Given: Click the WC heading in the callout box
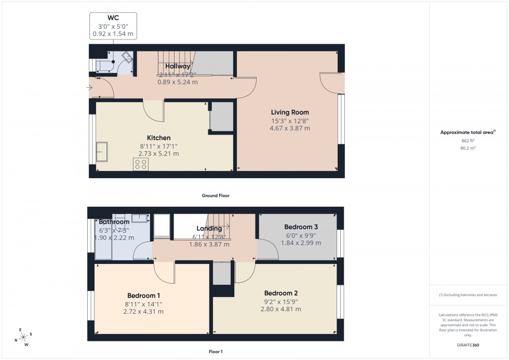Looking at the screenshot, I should pyautogui.click(x=113, y=18).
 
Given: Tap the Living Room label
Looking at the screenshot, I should pyautogui.click(x=290, y=112).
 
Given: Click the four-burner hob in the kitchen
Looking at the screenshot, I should pyautogui.click(x=140, y=165).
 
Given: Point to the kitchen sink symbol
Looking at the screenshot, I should pyautogui.click(x=102, y=151).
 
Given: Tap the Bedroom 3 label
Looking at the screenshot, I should pyautogui.click(x=301, y=227).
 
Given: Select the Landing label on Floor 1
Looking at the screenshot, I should pyautogui.click(x=209, y=229).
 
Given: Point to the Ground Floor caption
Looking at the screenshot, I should pyautogui.click(x=216, y=196).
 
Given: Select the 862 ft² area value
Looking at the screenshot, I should pyautogui.click(x=468, y=140).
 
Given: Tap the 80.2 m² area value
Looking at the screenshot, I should pyautogui.click(x=468, y=148).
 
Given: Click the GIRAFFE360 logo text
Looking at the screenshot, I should pyautogui.click(x=468, y=344).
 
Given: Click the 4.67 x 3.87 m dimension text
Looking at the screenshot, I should pyautogui.click(x=290, y=128).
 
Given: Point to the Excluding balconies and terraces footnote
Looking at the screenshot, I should pyautogui.click(x=468, y=295).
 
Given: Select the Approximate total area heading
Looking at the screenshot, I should pyautogui.click(x=467, y=132).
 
